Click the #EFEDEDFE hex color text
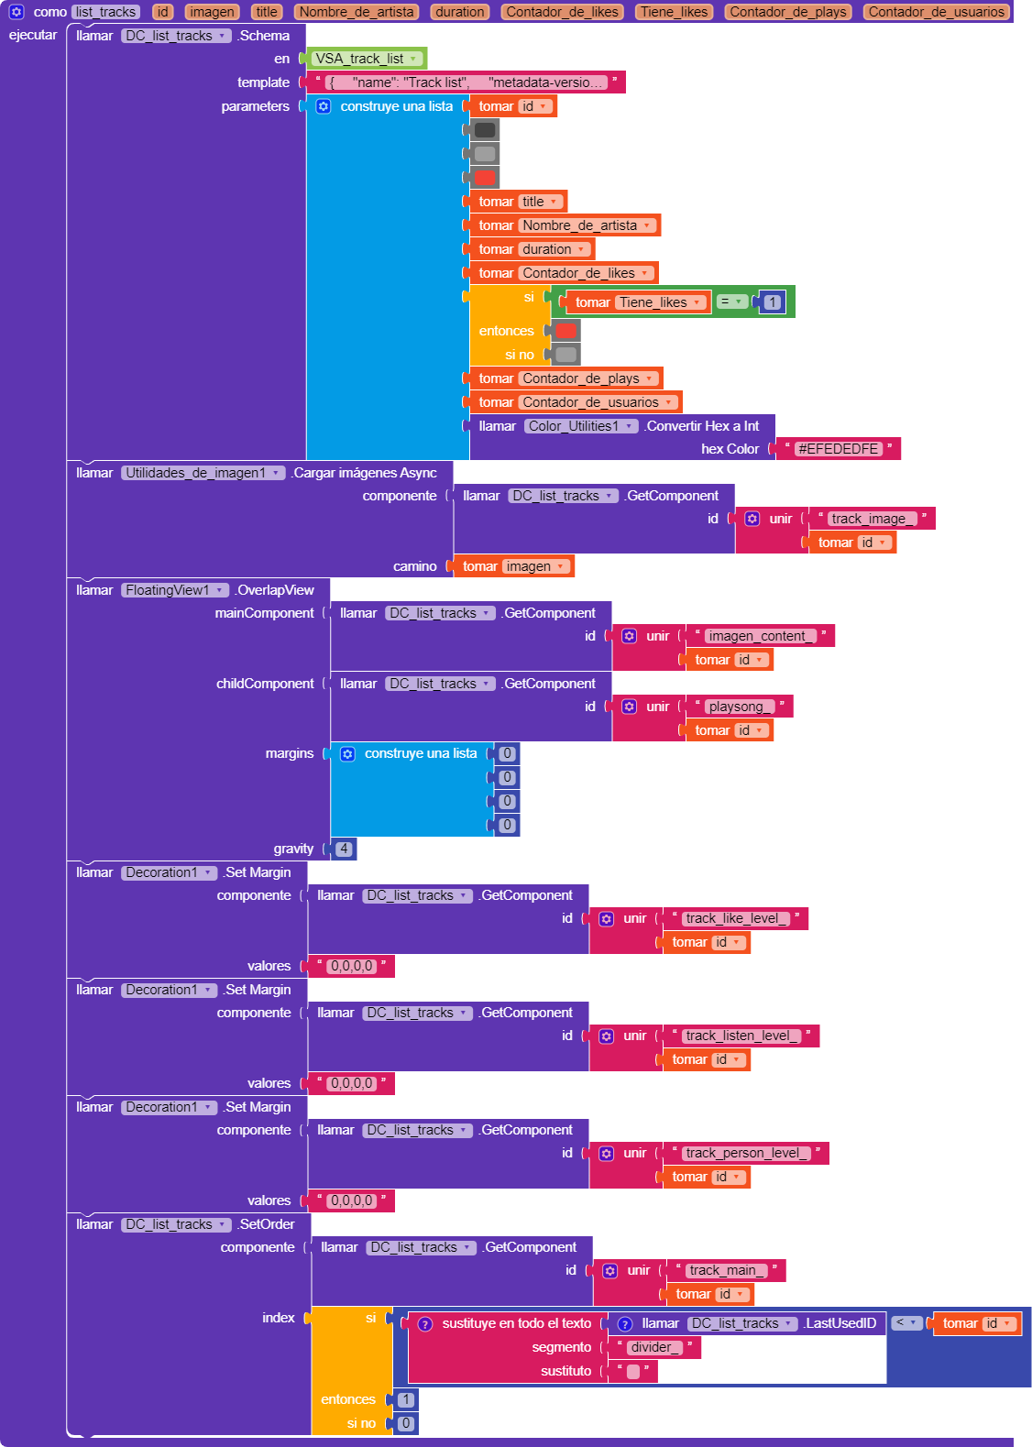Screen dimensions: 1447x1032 pos(839,449)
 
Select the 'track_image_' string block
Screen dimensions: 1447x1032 pos(868,519)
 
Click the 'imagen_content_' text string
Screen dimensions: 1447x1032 pos(756,636)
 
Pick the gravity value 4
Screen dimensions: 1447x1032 pos(344,849)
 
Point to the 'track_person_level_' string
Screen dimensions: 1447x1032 pos(746,1153)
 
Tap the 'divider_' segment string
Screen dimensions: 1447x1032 pos(654,1347)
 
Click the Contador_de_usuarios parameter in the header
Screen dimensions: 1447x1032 pos(936,12)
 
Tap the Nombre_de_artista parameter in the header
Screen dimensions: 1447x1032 pos(357,12)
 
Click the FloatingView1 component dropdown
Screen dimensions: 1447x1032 pos(174,590)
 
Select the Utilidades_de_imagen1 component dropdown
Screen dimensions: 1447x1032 pos(203,473)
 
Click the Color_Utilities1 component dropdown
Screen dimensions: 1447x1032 pos(580,426)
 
